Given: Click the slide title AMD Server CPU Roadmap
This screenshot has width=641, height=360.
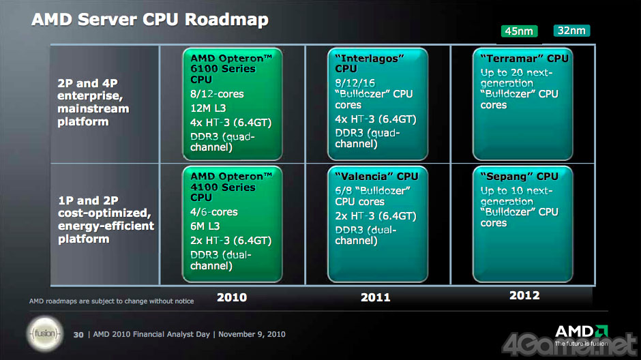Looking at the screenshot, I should click(150, 20).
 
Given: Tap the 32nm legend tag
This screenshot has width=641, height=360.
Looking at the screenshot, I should click(571, 30).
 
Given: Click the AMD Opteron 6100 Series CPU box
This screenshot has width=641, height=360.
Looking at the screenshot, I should click(232, 103).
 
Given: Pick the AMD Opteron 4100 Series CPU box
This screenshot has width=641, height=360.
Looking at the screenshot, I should click(232, 223).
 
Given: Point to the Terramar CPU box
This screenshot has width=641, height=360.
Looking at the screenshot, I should click(523, 103).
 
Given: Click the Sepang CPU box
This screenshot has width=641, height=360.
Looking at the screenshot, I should click(523, 223).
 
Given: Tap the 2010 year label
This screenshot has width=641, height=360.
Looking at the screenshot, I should click(232, 297).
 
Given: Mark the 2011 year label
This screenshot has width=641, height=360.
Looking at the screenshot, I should click(375, 297).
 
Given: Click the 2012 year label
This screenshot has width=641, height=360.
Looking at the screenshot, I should click(524, 295).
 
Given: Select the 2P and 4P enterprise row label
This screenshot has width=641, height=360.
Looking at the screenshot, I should click(93, 102).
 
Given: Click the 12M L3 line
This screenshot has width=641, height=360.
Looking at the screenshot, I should click(209, 107).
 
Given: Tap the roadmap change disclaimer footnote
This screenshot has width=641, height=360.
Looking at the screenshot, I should click(111, 301).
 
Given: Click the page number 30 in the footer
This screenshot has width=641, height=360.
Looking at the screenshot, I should click(78, 334).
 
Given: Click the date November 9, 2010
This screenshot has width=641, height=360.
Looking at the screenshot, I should click(253, 334).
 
